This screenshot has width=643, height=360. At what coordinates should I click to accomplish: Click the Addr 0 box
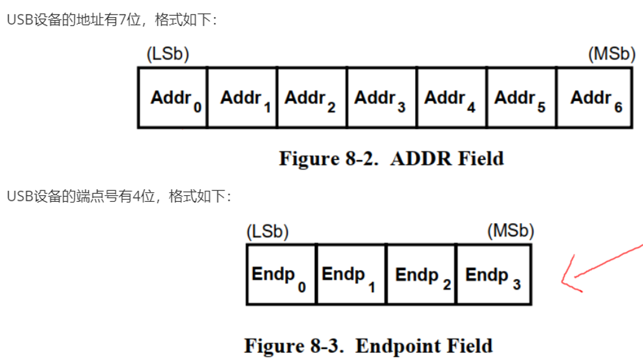click(x=173, y=98)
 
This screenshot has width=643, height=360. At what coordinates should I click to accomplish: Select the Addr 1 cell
click(x=242, y=98)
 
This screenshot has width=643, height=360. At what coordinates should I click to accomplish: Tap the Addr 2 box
click(x=312, y=98)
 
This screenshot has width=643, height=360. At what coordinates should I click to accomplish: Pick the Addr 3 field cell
click(x=382, y=98)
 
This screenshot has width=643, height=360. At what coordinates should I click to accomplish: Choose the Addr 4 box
click(x=452, y=98)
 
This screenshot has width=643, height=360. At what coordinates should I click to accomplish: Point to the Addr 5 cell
click(x=521, y=98)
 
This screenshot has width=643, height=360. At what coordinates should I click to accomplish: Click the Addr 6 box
click(x=595, y=98)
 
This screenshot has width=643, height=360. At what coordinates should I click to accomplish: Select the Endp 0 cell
click(x=281, y=275)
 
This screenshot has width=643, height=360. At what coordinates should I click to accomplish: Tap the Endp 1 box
click(x=351, y=275)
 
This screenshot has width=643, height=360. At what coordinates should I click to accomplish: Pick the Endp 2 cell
click(x=421, y=275)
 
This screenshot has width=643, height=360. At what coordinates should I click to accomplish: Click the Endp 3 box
click(x=493, y=275)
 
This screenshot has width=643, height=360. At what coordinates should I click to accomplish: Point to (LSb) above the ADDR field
click(x=168, y=54)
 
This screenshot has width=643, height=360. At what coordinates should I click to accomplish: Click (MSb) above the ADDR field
click(x=611, y=54)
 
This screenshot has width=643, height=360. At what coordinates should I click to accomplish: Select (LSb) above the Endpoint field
click(x=267, y=232)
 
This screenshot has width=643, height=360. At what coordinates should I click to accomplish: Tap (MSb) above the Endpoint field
click(x=511, y=232)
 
